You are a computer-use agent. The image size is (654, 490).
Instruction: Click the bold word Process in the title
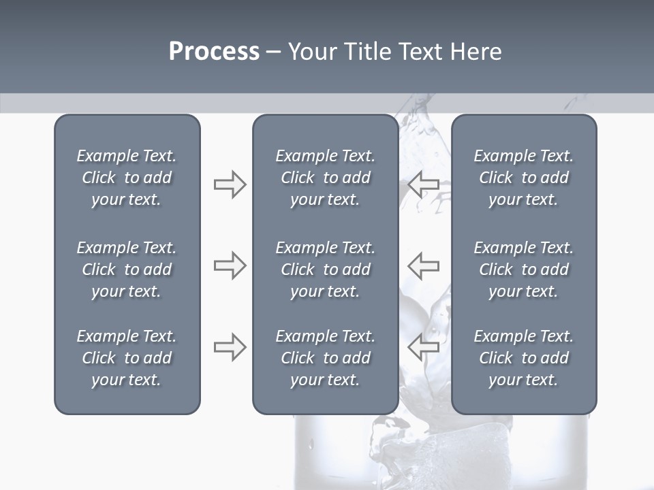tap(214, 52)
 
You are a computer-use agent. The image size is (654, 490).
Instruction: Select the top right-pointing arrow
tap(230, 184)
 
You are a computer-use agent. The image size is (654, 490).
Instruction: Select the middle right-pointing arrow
tap(230, 265)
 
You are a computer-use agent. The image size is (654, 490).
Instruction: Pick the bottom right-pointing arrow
tap(230, 347)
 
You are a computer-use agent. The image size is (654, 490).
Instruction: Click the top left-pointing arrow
tap(423, 184)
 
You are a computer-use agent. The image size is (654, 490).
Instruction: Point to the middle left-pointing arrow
tap(423, 265)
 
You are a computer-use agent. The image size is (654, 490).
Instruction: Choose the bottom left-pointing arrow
tap(423, 347)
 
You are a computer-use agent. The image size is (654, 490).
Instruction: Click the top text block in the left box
tap(127, 178)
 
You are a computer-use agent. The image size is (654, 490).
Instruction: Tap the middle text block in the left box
tap(127, 269)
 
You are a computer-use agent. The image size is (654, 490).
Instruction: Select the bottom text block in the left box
tap(127, 358)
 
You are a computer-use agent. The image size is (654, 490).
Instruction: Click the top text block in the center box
tap(325, 178)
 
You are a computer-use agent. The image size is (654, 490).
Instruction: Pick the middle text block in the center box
tap(325, 269)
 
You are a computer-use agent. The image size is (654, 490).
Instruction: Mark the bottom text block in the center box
tap(325, 358)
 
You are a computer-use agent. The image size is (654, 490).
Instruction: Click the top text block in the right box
tap(524, 178)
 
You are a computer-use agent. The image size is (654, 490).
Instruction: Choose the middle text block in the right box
tap(524, 269)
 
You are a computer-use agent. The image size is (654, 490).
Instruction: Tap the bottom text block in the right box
tap(524, 358)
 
